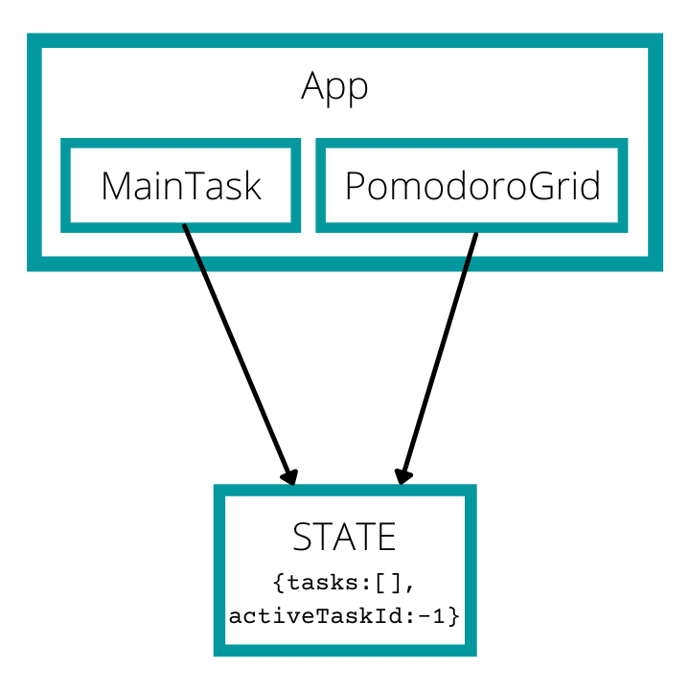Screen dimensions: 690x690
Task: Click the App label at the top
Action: [334, 87]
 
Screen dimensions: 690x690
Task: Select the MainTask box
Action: [181, 185]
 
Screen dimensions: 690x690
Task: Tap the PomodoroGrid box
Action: [471, 185]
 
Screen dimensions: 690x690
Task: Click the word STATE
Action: [344, 538]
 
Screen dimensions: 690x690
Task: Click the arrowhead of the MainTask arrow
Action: [289, 475]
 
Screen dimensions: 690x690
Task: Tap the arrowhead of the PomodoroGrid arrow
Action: [403, 475]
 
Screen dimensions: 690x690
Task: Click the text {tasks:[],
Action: [344, 583]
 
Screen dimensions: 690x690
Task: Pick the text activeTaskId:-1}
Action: [344, 615]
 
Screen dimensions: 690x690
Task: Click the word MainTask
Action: [181, 186]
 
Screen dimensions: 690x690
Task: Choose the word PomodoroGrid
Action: [471, 186]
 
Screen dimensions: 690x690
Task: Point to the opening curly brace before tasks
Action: [278, 583]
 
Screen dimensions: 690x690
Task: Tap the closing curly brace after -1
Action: [454, 615]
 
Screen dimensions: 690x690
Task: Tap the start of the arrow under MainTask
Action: [185, 228]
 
